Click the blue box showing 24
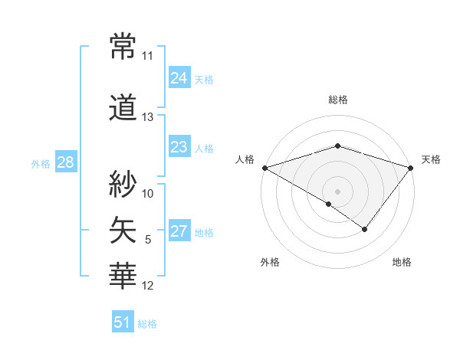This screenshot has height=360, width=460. (179, 78)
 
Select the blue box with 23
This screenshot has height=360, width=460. (179, 147)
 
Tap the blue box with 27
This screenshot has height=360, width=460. (179, 232)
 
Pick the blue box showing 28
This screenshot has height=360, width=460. (65, 162)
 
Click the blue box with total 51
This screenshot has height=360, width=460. (123, 322)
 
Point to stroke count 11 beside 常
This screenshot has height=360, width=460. (148, 57)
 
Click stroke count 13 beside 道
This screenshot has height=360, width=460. (148, 117)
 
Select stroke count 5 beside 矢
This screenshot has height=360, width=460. (148, 240)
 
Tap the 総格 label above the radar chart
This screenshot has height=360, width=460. (338, 100)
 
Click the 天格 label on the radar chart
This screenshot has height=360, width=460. (431, 159)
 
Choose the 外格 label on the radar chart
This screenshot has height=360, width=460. (270, 262)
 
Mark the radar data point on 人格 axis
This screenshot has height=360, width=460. (264, 168)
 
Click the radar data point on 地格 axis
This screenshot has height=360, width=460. (365, 229)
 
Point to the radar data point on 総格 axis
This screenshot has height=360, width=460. (338, 146)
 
